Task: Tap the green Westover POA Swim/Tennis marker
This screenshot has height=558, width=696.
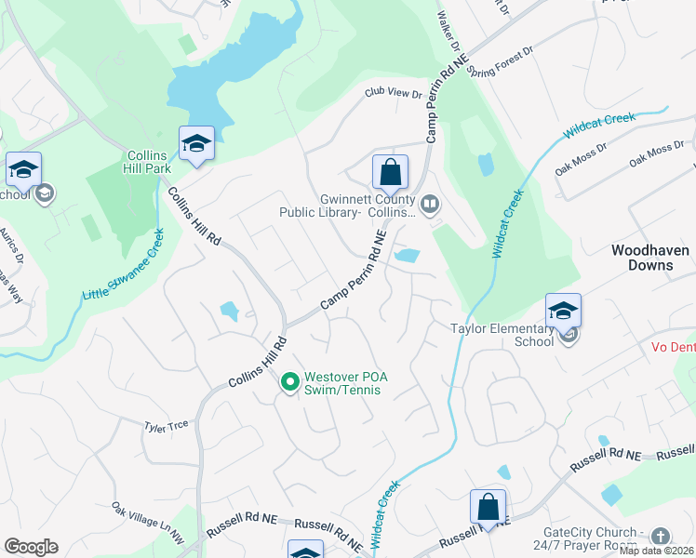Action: click(x=289, y=381)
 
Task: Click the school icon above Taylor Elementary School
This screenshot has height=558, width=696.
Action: click(x=563, y=311)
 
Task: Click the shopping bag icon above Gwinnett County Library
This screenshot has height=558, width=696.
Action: click(x=391, y=173)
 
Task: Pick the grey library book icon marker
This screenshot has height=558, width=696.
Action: click(x=430, y=204)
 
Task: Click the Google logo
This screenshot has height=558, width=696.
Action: click(x=31, y=547)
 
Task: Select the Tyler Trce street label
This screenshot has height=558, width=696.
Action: click(x=167, y=425)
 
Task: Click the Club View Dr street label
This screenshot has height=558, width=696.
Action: click(x=394, y=93)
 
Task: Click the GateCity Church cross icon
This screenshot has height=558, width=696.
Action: click(x=660, y=536)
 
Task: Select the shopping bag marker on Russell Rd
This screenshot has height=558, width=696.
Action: click(x=488, y=507)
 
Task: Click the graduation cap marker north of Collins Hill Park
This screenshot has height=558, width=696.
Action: click(x=196, y=144)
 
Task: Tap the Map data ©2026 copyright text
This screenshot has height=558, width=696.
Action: click(x=656, y=551)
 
